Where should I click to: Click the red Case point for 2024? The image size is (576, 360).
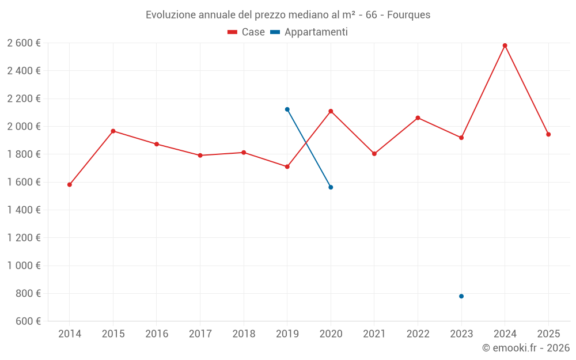point(505,46)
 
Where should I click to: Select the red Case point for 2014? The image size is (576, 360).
point(70,185)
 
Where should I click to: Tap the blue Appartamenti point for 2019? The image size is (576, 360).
point(287,109)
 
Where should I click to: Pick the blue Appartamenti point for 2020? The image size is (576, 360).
point(331,187)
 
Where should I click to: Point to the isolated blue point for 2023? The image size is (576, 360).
point(461,296)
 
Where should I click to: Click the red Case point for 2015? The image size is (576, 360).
point(113,131)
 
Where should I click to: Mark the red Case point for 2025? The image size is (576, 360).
point(548,134)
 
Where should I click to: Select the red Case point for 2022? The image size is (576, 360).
point(418,118)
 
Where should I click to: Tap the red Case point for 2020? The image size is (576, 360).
point(331,111)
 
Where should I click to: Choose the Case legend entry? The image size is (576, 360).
point(247,32)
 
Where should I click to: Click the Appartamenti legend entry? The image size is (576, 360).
point(309,32)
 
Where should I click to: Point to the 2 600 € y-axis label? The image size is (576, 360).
point(24,43)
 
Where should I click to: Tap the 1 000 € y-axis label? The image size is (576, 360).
point(24,266)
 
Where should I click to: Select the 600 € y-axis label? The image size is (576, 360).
point(28,321)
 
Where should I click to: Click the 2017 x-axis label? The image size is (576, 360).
point(200,334)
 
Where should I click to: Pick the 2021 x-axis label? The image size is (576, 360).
point(374,334)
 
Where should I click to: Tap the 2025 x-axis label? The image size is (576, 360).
point(548,334)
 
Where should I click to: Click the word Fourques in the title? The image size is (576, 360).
point(408,15)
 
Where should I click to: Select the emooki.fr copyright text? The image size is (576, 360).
point(525,348)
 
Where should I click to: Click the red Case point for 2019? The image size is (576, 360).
point(287,166)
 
